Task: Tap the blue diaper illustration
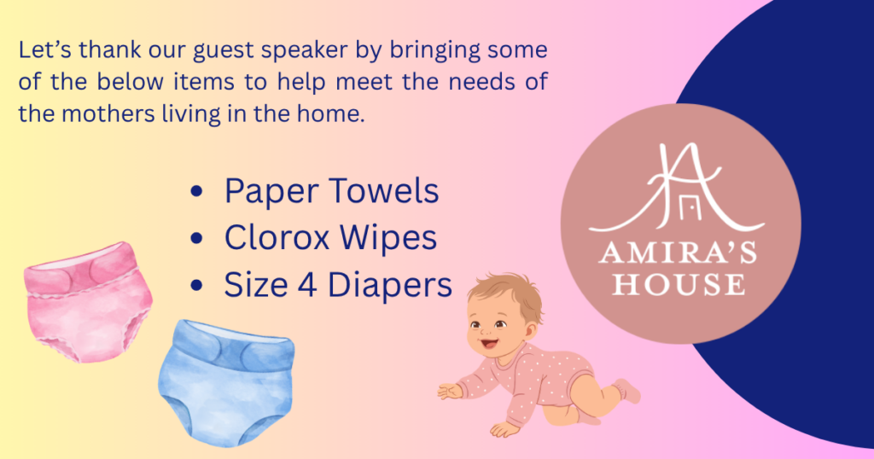click(226, 383)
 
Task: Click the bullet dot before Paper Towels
click(196, 192)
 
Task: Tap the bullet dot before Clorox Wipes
click(196, 238)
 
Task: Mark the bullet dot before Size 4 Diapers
click(196, 286)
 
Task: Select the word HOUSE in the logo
click(679, 283)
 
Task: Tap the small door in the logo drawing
click(689, 208)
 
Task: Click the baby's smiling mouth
click(490, 344)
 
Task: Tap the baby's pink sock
click(627, 391)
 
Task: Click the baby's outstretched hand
click(451, 391)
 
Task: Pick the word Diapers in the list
click(389, 285)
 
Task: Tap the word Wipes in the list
click(388, 238)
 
